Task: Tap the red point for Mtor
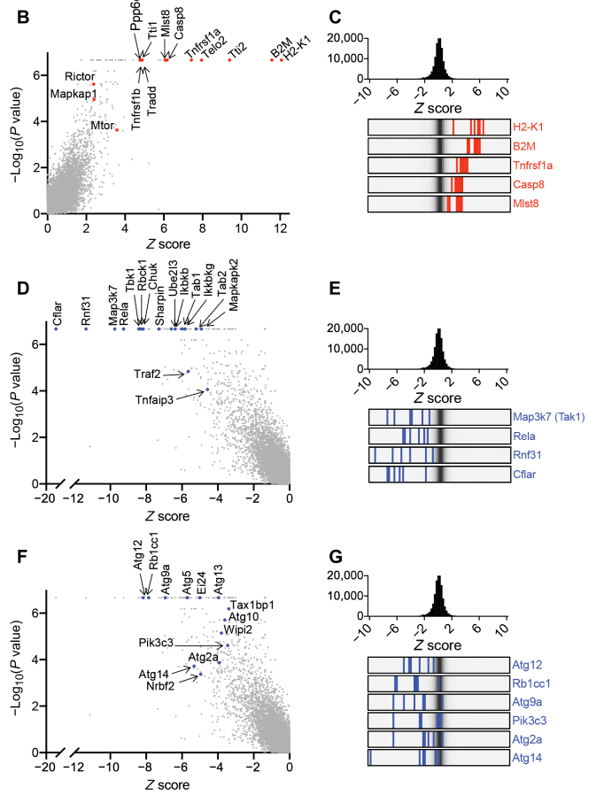point(117,130)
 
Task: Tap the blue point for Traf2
point(188,372)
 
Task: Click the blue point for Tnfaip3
point(206,390)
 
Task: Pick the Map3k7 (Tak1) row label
point(550,416)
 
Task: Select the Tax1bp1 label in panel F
point(252,605)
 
